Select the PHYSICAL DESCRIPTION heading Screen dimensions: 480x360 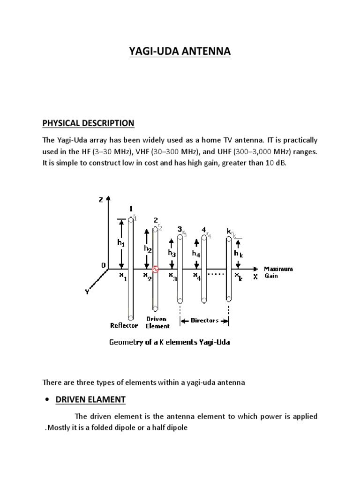88,123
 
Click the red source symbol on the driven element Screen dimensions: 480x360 156,270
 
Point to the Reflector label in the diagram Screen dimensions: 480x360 123,325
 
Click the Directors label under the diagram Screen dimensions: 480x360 205,321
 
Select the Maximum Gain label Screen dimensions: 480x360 278,272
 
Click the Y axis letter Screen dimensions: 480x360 86,292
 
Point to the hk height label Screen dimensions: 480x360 239,253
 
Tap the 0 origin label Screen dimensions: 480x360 103,265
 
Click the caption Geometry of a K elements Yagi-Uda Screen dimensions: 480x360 169,342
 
